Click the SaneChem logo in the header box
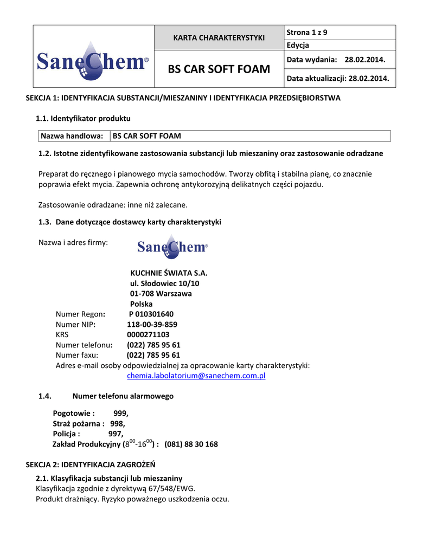click(x=93, y=62)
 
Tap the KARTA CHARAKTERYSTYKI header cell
click(x=219, y=37)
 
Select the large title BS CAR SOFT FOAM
click(x=219, y=69)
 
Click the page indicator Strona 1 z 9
click(x=307, y=33)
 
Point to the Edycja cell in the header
click(x=298, y=46)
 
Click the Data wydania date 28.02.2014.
click(x=365, y=59)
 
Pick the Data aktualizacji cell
click(x=337, y=79)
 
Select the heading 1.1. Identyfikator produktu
click(x=83, y=118)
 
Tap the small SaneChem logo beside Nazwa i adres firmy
click(x=172, y=247)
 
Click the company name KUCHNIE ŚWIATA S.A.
click(x=169, y=273)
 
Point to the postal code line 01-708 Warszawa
click(x=161, y=294)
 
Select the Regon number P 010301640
click(x=151, y=314)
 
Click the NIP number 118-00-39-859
click(x=152, y=324)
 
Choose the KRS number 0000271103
click(x=148, y=334)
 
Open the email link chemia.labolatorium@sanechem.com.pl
click(x=196, y=376)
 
